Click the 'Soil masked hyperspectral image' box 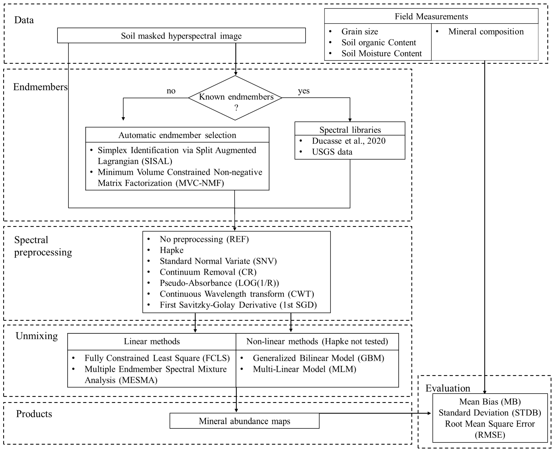(x=181, y=36)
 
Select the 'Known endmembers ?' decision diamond (x=235, y=98)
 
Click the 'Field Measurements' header (x=431, y=16)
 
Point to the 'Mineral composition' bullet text (x=486, y=31)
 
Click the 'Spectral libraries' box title (x=350, y=130)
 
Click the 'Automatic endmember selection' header (x=177, y=135)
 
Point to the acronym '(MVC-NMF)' (x=200, y=183)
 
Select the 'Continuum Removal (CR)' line (x=208, y=272)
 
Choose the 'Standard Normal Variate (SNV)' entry (x=218, y=261)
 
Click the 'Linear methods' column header (x=152, y=341)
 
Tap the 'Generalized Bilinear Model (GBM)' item (x=318, y=358)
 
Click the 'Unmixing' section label (x=37, y=336)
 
